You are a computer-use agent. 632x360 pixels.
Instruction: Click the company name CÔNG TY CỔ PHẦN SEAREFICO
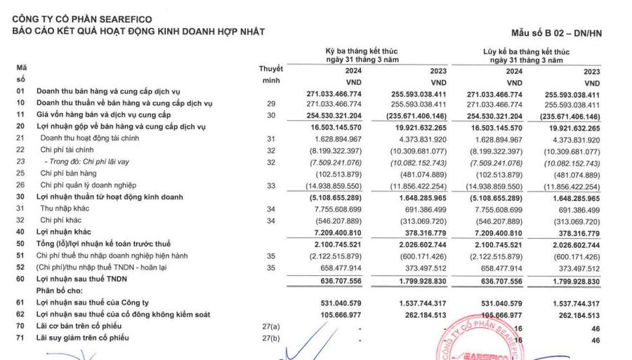pos(81,19)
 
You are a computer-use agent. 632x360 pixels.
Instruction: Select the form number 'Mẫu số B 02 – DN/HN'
pos(558,33)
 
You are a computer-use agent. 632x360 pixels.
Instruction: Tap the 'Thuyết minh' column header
pos(270,74)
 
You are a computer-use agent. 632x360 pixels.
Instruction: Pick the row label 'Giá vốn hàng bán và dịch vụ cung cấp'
pos(104,115)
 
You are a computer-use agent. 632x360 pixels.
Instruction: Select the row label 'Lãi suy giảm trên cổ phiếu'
pos(83,338)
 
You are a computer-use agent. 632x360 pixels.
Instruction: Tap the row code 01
pos(20,92)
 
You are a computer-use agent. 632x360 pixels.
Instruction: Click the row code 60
pos(20,279)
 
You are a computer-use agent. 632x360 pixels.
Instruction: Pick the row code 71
pos(20,338)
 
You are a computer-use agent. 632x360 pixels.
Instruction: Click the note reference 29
pos(270,103)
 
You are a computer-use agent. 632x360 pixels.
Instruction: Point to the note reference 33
pos(270,185)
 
